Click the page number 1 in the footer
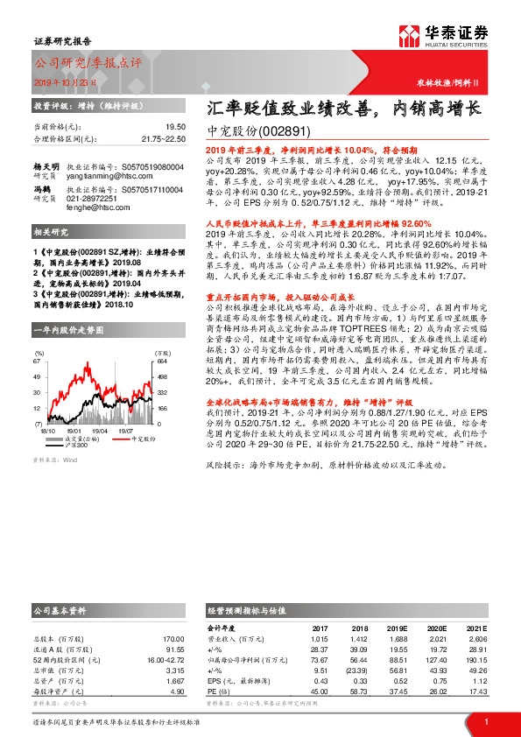(485, 721)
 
